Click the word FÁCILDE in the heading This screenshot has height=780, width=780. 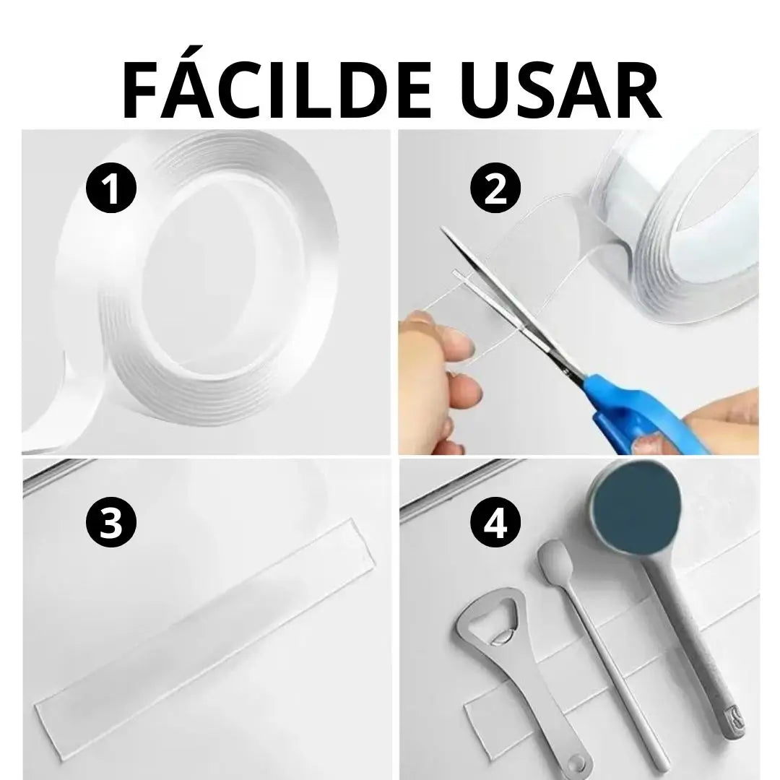[x=276, y=90]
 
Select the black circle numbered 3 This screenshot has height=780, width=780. [x=111, y=522]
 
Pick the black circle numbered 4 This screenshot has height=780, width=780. [x=495, y=522]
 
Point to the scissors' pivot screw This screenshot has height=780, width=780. [x=565, y=370]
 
